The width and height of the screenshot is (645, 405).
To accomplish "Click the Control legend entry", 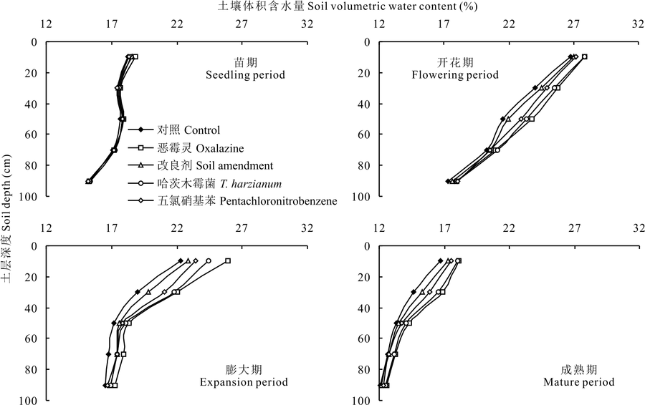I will coord(180,130).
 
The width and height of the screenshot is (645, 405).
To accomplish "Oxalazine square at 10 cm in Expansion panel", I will coord(228,261).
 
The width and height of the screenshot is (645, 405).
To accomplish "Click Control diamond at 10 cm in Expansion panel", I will coord(181,261).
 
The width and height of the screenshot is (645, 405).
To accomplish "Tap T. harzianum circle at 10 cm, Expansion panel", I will coord(209,261).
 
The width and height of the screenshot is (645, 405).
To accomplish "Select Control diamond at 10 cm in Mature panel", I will coord(440,261).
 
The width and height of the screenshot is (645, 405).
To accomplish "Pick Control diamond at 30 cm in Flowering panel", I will coord(535,88).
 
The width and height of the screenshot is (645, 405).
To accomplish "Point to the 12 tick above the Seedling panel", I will coord(47,23).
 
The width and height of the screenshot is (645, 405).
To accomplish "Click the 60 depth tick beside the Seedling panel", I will coord(32,135).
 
